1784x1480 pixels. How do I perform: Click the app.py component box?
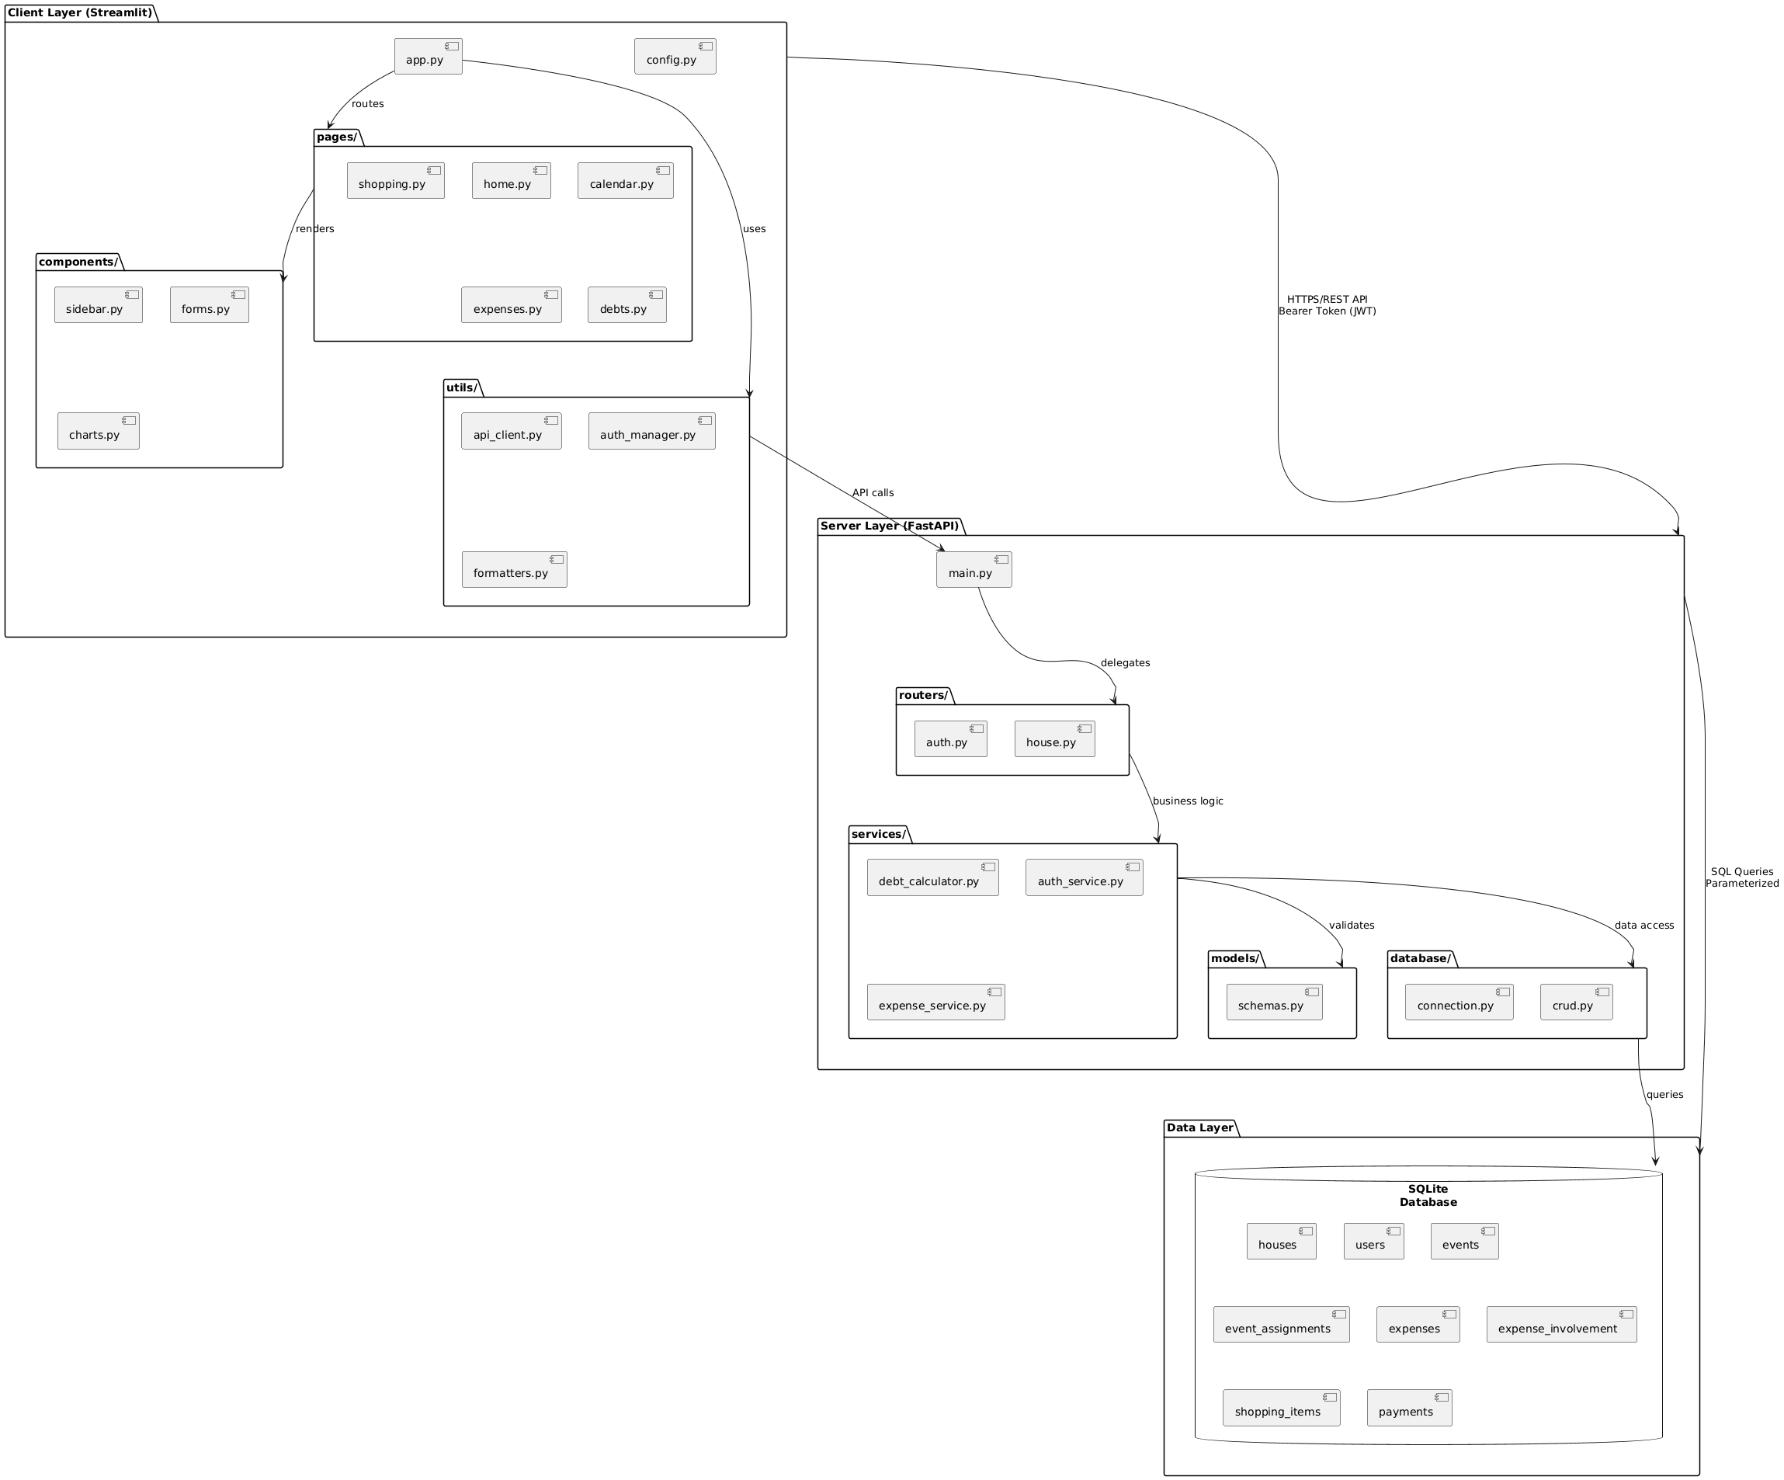pyautogui.click(x=429, y=57)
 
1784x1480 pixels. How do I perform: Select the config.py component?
pyautogui.click(x=675, y=57)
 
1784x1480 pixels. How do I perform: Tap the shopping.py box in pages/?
pyautogui.click(x=395, y=181)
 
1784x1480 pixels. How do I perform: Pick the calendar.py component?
pyautogui.click(x=625, y=181)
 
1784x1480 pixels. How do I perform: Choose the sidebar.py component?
pyautogui.click(x=98, y=305)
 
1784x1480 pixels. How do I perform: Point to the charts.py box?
pyautogui.click(x=98, y=431)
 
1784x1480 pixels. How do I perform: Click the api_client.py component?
pyautogui.click(x=511, y=431)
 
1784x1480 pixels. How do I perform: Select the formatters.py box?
pyautogui.click(x=514, y=569)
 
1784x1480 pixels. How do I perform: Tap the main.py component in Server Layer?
pyautogui.click(x=974, y=569)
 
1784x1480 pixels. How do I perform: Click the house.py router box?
pyautogui.click(x=1054, y=739)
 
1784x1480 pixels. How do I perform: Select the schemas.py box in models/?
pyautogui.click(x=1273, y=1002)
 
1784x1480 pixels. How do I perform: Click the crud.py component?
pyautogui.click(x=1576, y=1002)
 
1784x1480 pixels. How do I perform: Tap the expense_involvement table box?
pyautogui.click(x=1560, y=1325)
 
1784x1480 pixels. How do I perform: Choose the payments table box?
pyautogui.click(x=1408, y=1408)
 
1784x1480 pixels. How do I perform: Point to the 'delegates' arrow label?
pyautogui.click(x=1125, y=662)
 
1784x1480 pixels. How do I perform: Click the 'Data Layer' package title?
pyautogui.click(x=1199, y=1127)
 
